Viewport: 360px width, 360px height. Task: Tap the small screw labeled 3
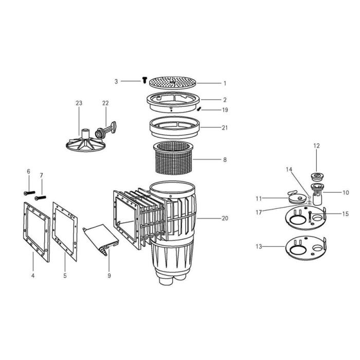[x=145, y=80]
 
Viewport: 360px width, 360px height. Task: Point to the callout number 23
[x=79, y=103]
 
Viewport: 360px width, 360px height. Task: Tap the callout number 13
[x=259, y=247]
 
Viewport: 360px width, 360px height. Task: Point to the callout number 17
[x=259, y=212]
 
